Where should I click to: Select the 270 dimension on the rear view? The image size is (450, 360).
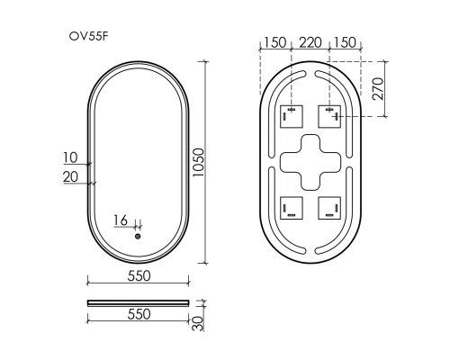coord(379,88)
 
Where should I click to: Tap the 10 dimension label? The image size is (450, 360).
coord(71,158)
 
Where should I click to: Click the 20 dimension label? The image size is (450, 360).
coord(71,176)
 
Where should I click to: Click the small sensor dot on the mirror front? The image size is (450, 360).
coord(138,237)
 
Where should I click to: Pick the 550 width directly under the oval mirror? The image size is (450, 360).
coord(138,275)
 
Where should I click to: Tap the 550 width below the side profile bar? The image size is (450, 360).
coord(138,315)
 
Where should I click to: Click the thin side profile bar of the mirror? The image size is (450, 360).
coord(138,301)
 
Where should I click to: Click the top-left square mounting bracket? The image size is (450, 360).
coord(290,116)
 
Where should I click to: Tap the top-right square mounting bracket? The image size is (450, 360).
coord(330,116)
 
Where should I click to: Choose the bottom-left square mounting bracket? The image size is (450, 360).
coord(290,209)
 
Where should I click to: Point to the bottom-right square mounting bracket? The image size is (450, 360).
coord(330,209)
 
